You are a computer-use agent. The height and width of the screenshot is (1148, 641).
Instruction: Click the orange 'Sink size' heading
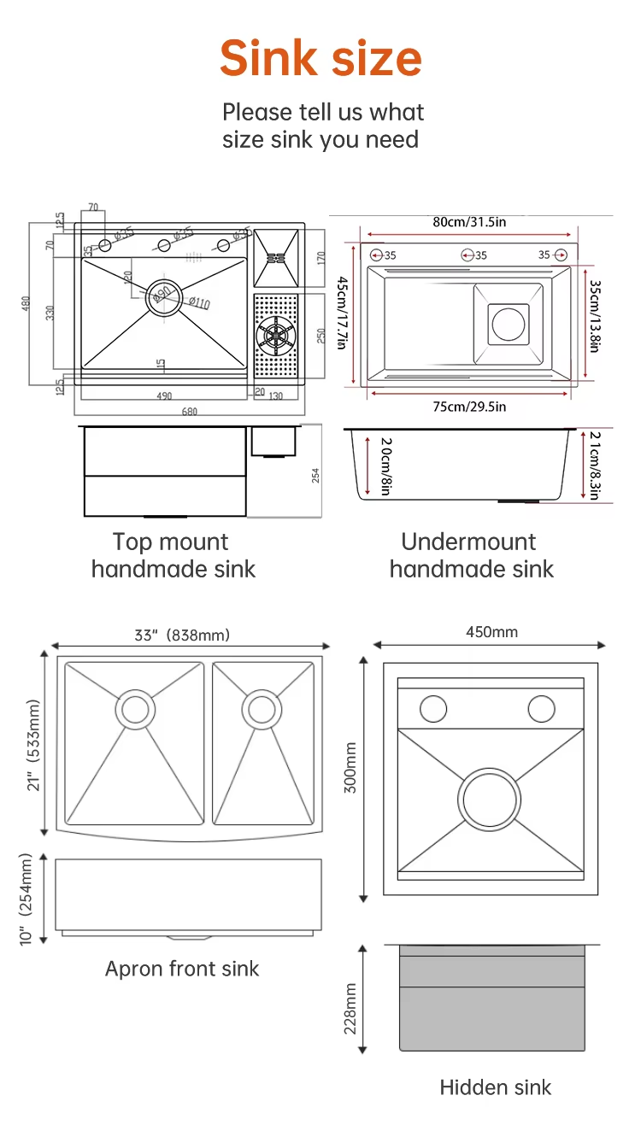point(320,58)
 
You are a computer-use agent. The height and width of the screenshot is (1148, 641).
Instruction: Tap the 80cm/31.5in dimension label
point(469,222)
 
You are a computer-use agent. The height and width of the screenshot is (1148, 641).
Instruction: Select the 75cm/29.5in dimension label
point(468,407)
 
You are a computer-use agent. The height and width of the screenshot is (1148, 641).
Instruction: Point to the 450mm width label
point(491,632)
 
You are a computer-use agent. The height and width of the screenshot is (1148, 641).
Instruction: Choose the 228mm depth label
point(350,1008)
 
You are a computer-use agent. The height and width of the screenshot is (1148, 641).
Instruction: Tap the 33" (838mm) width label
point(182,635)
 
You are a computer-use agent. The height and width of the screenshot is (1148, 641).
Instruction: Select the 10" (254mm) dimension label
point(26,899)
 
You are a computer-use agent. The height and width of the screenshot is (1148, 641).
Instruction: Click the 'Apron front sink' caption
point(182,969)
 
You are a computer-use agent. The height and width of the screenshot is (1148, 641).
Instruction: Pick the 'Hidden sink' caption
point(496,1087)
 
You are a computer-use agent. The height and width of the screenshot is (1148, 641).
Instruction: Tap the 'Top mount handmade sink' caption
point(173,555)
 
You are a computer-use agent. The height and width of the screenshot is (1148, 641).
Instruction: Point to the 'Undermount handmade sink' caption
point(471,555)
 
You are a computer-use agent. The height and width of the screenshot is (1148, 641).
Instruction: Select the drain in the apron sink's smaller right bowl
point(261,708)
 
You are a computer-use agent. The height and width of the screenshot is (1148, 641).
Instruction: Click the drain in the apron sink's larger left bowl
point(135,709)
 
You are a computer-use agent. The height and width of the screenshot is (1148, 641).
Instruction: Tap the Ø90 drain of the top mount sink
point(160,296)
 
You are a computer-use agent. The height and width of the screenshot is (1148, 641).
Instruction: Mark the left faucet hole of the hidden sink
point(433,708)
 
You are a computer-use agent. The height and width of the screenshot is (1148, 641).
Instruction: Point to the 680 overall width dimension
point(190,412)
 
